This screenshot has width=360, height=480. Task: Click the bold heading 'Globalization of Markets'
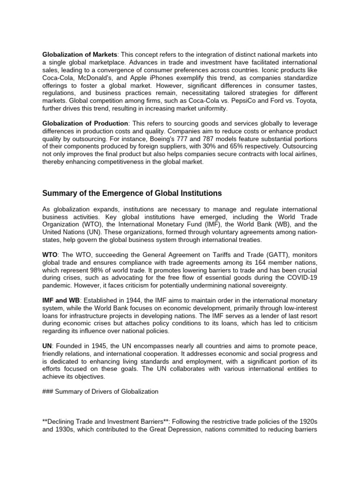pos(79,55)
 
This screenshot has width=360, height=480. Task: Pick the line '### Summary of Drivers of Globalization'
pos(100,391)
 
